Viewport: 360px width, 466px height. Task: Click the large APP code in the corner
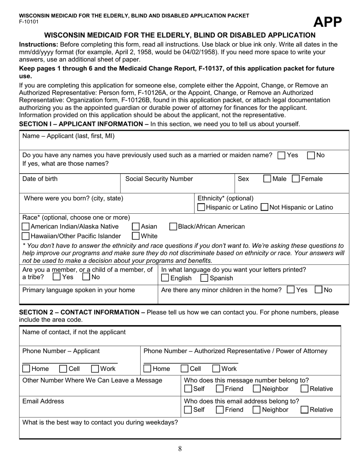327,23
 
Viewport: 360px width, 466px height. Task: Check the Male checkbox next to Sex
267,179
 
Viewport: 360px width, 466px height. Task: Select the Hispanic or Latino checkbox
202,207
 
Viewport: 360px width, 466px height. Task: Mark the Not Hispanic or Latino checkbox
265,207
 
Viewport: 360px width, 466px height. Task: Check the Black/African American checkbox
173,227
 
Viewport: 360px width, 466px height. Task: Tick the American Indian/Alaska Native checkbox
26,227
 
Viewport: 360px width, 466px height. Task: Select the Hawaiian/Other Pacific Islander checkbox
26,236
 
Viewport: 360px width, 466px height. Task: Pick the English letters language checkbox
165,278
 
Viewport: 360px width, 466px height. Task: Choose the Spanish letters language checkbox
204,278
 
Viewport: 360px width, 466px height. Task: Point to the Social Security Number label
159,179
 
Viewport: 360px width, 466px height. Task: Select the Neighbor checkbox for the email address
257,410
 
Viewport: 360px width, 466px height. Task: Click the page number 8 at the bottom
180,449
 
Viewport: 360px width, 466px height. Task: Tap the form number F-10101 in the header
29,22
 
